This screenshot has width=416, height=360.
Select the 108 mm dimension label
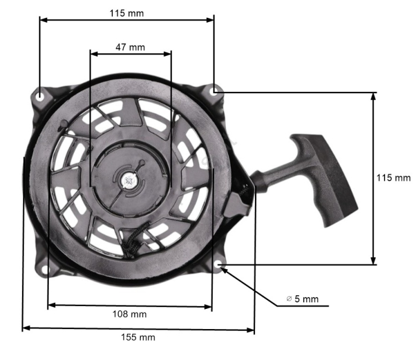[129, 314]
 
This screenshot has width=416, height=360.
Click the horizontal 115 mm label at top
[127, 12]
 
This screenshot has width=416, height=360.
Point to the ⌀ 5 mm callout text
[302, 299]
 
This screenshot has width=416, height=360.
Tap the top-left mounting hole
[39, 94]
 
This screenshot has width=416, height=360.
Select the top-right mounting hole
[215, 90]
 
